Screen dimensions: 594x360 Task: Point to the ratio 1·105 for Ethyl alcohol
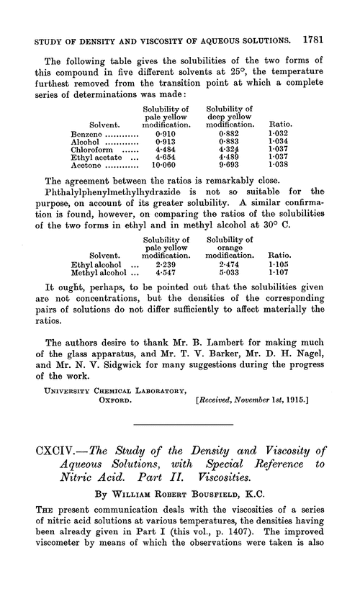pyautogui.click(x=280, y=263)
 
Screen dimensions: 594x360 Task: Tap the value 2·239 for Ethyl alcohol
pyautogui.click(x=167, y=263)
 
